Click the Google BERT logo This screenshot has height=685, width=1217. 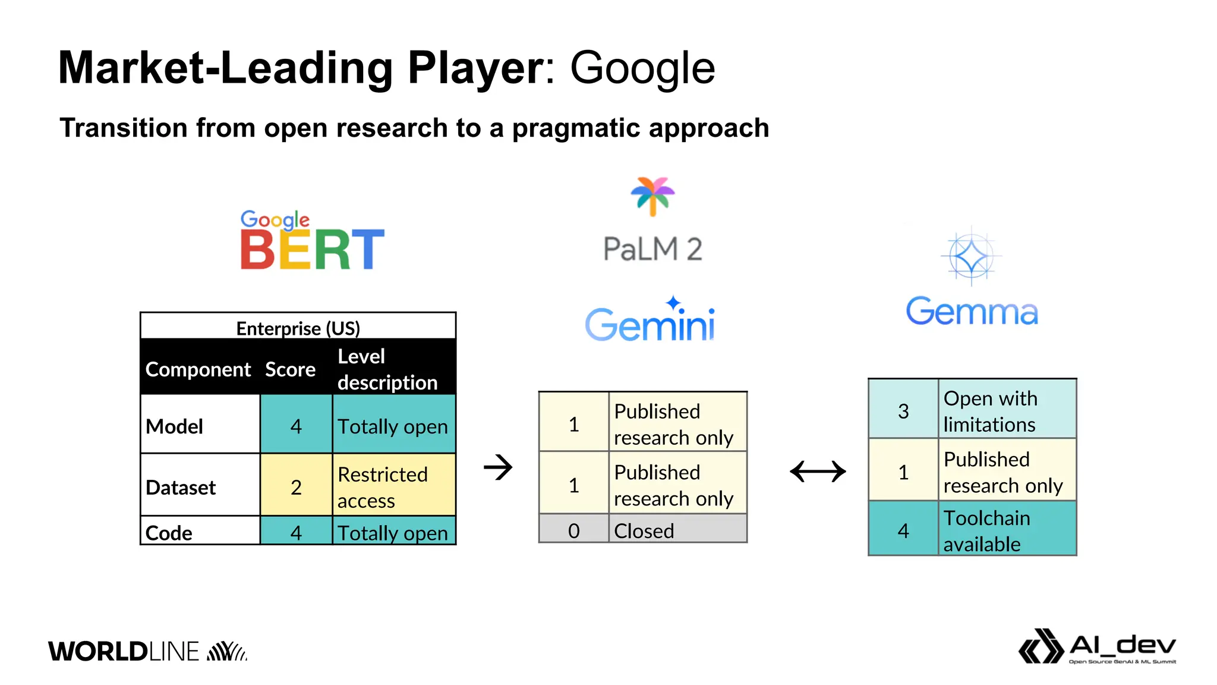pos(312,241)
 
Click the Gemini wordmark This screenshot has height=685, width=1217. pos(650,321)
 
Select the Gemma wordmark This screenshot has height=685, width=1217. pos(972,312)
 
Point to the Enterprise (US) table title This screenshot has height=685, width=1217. pos(298,328)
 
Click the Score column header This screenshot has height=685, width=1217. pos(290,369)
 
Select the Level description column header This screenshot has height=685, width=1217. pos(387,369)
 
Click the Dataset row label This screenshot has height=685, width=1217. pos(181,487)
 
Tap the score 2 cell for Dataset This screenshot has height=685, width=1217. pos(296,487)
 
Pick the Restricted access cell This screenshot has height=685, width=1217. pos(393,487)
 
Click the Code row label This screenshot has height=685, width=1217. pos(169,532)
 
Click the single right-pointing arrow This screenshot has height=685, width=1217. pos(498,467)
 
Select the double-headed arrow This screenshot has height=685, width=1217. pos(818,472)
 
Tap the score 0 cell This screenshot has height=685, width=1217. pos(573,530)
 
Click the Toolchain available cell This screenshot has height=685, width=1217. pos(1007,530)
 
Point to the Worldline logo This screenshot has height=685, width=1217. pos(147,651)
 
